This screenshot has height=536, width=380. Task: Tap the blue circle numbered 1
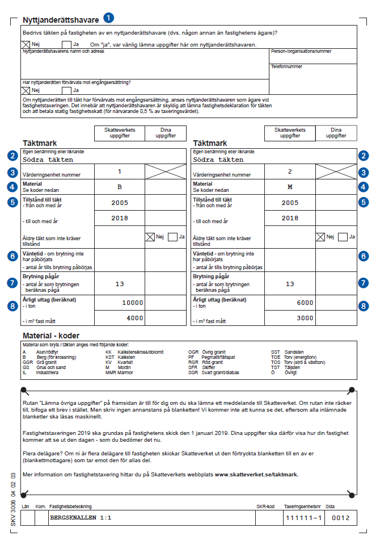[x=109, y=20]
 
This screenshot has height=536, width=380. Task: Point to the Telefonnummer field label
[x=286, y=66]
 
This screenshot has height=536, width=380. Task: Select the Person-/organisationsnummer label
[x=301, y=51]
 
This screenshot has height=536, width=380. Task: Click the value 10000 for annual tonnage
[x=133, y=303]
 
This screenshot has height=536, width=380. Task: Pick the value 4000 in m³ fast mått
[x=134, y=318]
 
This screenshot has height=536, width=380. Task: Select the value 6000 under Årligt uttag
[x=305, y=303]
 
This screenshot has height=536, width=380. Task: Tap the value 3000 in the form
[x=305, y=318]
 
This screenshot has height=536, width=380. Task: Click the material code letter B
[x=119, y=186]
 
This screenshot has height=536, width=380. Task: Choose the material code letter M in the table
[x=290, y=186]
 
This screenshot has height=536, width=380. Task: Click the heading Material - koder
[x=51, y=336]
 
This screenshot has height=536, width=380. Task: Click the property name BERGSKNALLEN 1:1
[x=81, y=518]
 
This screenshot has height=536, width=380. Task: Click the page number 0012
[x=341, y=518]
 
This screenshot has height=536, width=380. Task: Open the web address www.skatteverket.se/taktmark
[x=256, y=474]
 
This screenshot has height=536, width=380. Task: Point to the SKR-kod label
[x=265, y=506]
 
